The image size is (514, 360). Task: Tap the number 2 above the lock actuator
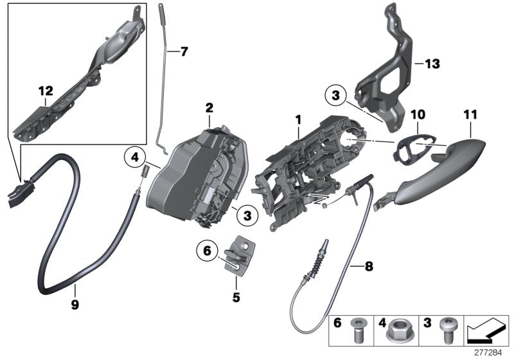click(x=209, y=107)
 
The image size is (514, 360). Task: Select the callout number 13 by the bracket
click(x=432, y=64)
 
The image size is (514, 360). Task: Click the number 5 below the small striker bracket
click(x=236, y=280)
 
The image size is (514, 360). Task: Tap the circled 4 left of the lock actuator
click(x=152, y=156)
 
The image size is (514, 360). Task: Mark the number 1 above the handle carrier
click(x=297, y=120)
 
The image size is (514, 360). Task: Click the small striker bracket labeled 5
click(x=242, y=253)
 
